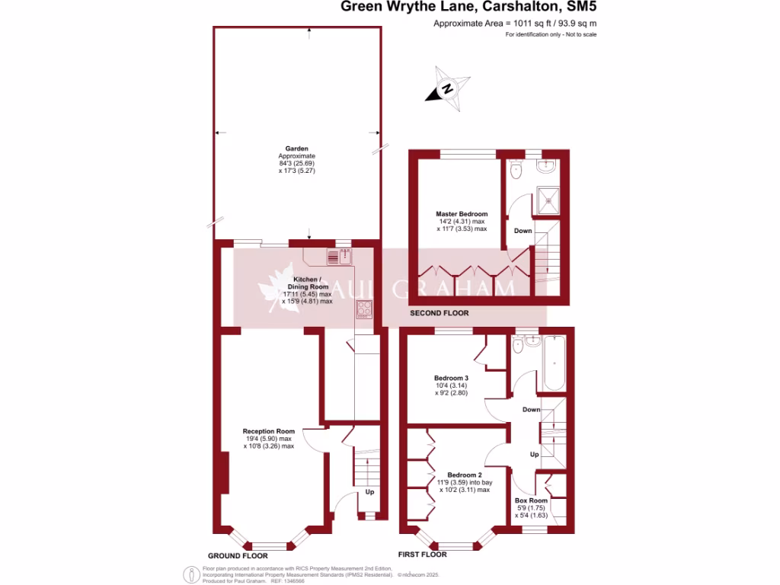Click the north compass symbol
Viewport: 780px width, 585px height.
[x=449, y=90]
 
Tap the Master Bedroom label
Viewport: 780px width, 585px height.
[x=462, y=214]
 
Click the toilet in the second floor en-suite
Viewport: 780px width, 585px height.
[x=516, y=169]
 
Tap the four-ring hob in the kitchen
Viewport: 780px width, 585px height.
[x=364, y=309]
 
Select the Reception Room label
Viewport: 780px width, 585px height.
[x=268, y=431]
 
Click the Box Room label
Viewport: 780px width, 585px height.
[x=531, y=500]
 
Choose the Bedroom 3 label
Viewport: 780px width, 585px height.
[x=451, y=378]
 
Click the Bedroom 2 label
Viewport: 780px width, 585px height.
[x=464, y=474]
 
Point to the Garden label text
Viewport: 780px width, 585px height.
[x=296, y=149]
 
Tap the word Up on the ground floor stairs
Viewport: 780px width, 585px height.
[x=370, y=492]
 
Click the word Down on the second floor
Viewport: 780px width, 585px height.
[x=523, y=231]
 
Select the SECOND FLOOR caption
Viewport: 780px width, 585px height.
[x=440, y=313]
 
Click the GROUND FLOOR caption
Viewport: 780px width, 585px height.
[x=238, y=556]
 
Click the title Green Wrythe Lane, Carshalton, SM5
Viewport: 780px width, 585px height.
[x=464, y=8]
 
